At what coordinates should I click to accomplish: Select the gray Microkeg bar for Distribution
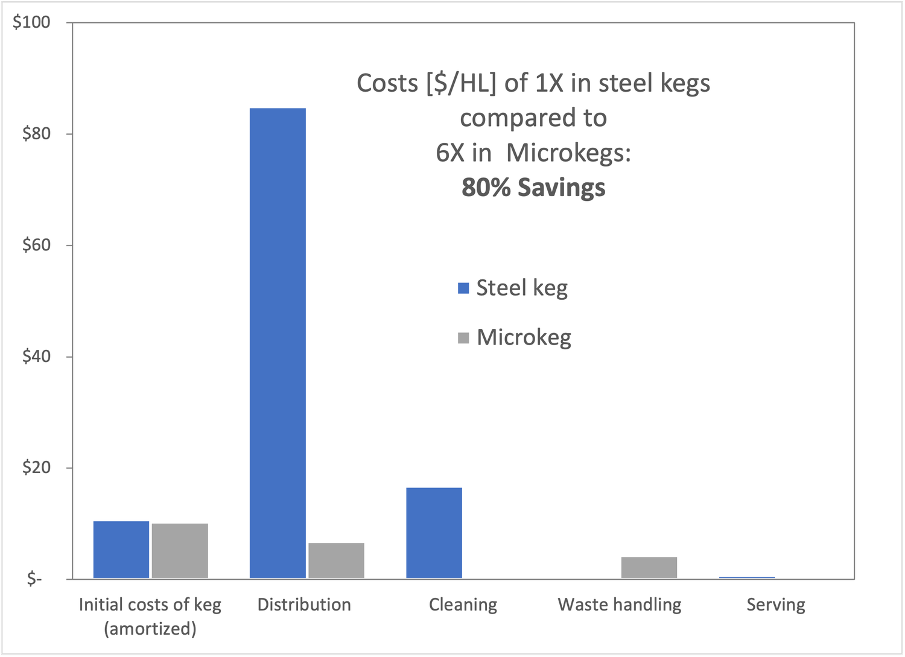coord(336,560)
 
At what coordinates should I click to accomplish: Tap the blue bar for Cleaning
coord(434,533)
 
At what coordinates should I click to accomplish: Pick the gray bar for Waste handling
coord(649,567)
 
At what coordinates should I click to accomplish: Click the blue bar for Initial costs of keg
coord(121,550)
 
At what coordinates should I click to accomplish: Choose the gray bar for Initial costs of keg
coord(180,551)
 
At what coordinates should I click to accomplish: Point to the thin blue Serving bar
coord(747,577)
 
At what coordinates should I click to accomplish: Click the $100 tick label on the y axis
coord(31,22)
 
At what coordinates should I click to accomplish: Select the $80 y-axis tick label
coord(36,133)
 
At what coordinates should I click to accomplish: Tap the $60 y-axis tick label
coord(36,245)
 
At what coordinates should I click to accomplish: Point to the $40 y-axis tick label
coord(36,356)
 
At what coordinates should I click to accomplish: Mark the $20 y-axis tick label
coord(36,468)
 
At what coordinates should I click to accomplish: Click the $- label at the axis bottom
coord(34,579)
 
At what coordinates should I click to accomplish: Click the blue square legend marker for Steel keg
coord(463,288)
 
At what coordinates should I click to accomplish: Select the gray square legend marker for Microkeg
coord(463,338)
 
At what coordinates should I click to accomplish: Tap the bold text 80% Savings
coord(533,188)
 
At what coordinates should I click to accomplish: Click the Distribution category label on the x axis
coord(304,605)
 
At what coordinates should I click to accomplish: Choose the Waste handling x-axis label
coord(620,605)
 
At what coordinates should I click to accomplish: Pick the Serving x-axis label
coord(776,605)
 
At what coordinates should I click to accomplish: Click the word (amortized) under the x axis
coord(150,629)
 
